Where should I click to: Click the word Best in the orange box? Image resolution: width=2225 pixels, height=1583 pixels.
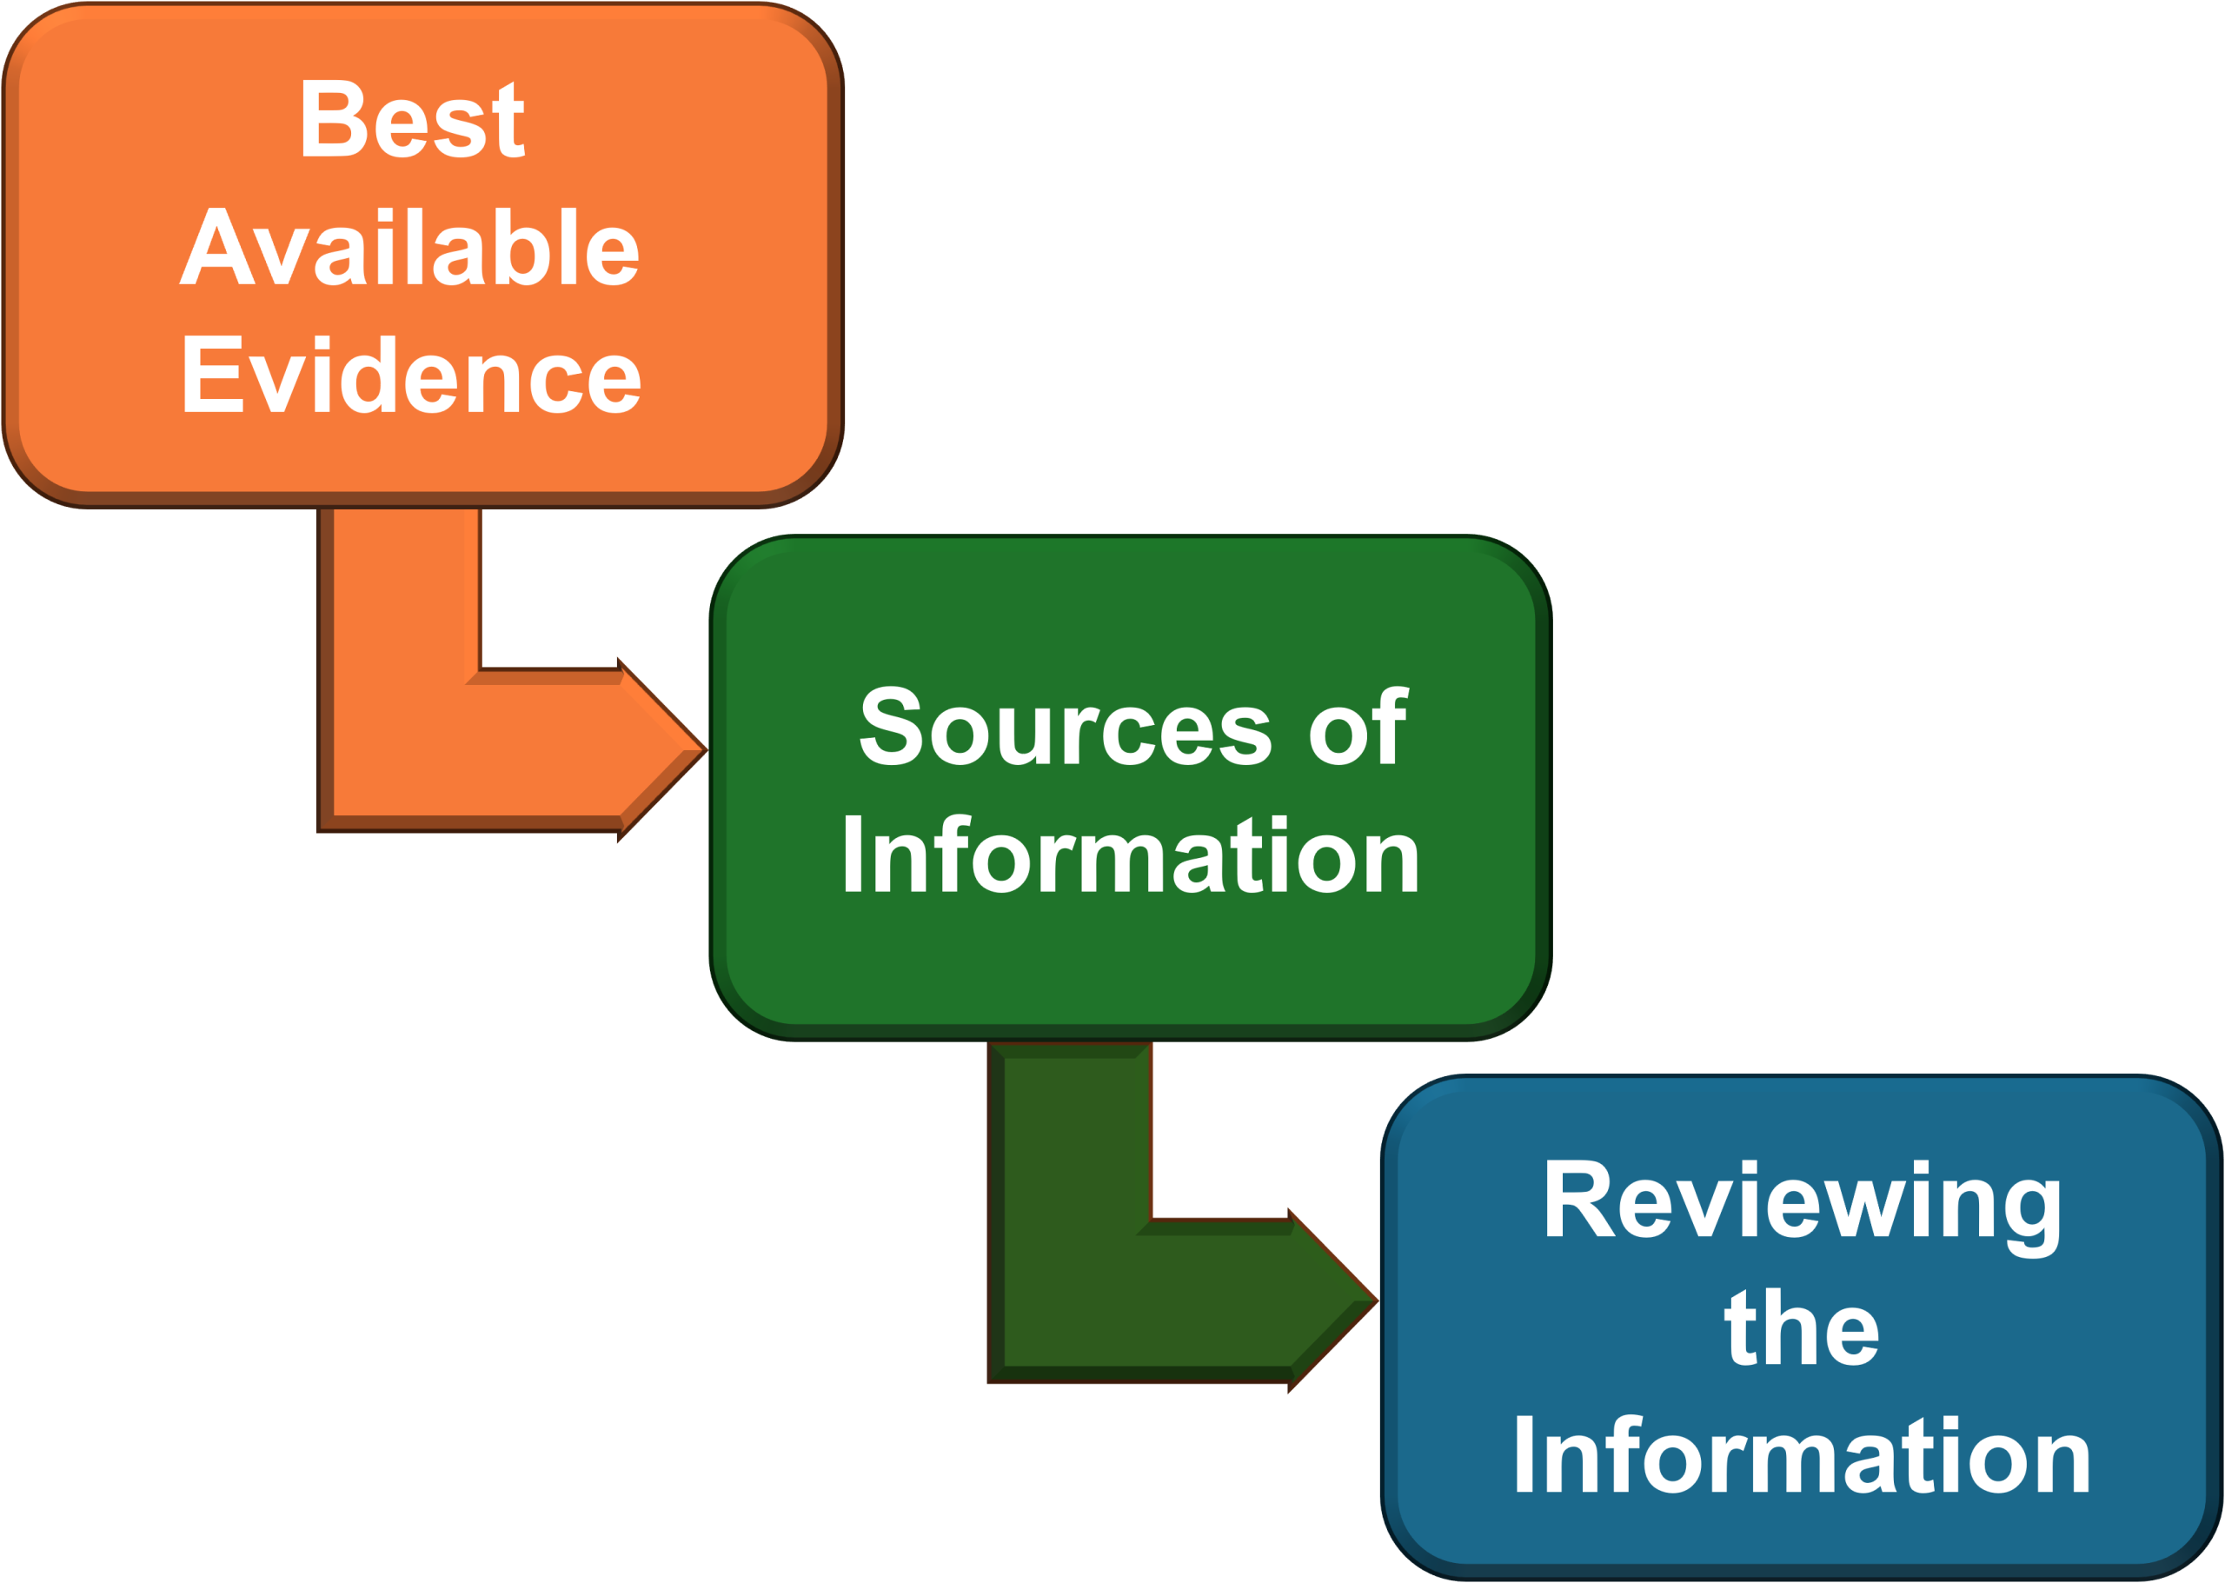click(411, 120)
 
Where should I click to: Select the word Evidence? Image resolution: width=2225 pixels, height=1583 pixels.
click(410, 376)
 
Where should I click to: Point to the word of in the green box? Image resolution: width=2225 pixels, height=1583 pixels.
click(1357, 728)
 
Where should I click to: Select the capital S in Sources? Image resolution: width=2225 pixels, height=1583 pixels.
click(890, 728)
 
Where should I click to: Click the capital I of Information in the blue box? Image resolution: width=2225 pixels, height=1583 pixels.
click(1524, 1456)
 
